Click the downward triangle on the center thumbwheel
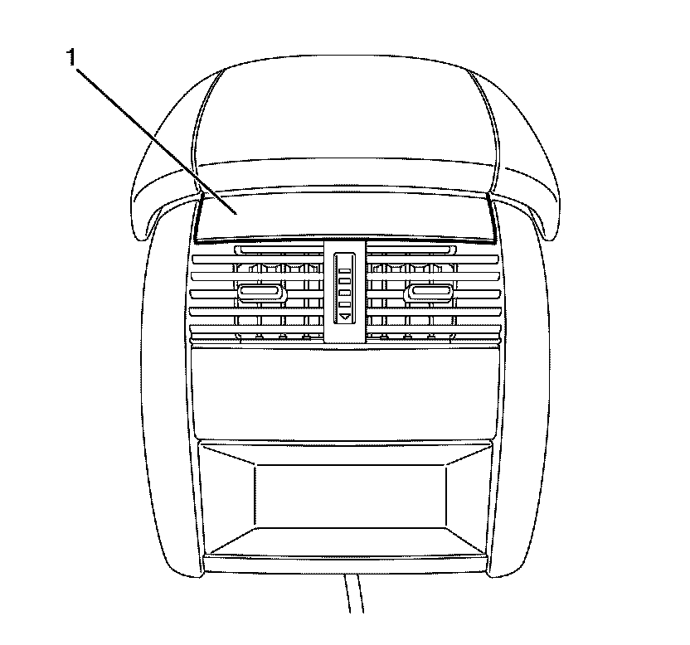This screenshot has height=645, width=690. coord(343,316)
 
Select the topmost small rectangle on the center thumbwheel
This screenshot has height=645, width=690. coord(343,262)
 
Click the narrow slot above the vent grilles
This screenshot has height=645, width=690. coord(343,250)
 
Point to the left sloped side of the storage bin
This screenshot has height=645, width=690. coord(227,497)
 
